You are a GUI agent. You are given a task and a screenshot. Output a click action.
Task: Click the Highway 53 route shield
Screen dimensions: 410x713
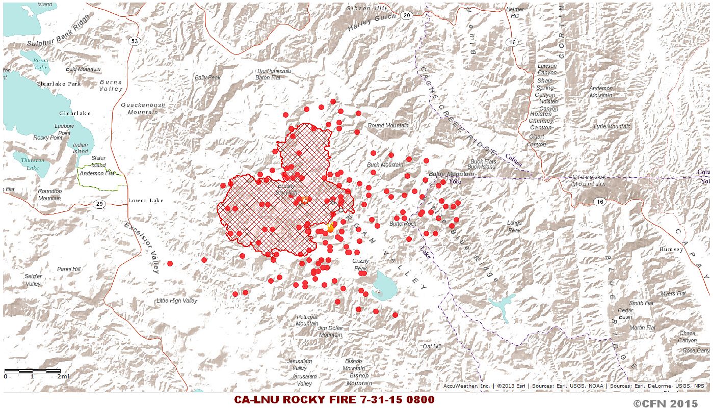click(x=134, y=41)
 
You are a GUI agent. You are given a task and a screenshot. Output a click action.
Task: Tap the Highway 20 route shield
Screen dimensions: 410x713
click(x=406, y=16)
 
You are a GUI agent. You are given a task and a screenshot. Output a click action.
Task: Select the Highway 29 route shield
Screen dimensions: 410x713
click(x=99, y=204)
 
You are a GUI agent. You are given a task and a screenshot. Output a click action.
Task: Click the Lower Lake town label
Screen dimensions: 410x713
click(x=146, y=200)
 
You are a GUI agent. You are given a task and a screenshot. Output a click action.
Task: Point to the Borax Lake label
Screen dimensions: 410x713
click(x=41, y=64)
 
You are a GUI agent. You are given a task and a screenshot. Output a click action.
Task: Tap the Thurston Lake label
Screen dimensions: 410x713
click(x=33, y=164)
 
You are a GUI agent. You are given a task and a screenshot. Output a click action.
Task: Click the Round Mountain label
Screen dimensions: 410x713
click(x=388, y=126)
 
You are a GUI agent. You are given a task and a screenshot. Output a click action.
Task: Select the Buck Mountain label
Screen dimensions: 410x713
click(x=385, y=165)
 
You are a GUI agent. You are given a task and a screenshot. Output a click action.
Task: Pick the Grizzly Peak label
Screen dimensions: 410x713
click(x=360, y=265)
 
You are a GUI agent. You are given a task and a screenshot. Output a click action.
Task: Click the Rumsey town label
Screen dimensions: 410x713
click(x=671, y=250)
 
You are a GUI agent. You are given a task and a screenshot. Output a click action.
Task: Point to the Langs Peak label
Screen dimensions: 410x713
click(x=514, y=227)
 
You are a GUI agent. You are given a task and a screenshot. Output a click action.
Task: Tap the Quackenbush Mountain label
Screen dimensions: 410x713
click(x=143, y=108)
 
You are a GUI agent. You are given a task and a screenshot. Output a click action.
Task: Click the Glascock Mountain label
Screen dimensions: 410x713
click(x=589, y=180)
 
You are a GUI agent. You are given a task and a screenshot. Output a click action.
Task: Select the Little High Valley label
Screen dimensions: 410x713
click(x=176, y=301)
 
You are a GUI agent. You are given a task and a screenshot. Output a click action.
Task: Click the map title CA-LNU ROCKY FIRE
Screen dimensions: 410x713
click(x=334, y=400)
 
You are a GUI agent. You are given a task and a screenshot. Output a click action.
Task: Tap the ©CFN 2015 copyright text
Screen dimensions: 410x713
click(x=665, y=403)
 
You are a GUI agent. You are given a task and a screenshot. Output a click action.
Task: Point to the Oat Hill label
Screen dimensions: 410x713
click(x=432, y=346)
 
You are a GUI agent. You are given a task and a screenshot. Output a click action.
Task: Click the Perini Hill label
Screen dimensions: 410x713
click(x=69, y=269)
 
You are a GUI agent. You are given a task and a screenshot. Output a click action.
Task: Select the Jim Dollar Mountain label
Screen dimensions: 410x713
click(x=330, y=332)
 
